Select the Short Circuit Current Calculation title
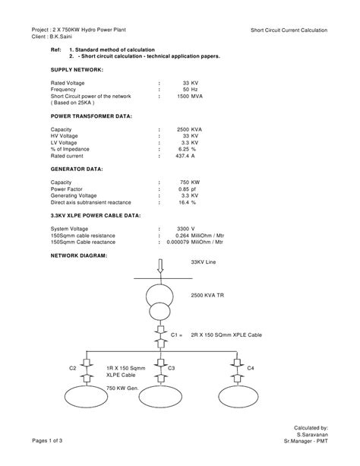(289, 30)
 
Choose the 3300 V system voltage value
(185, 229)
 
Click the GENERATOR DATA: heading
(77, 170)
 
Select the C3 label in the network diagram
(172, 368)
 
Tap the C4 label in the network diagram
(251, 368)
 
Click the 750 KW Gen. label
(120, 388)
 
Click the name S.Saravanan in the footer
(312, 435)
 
